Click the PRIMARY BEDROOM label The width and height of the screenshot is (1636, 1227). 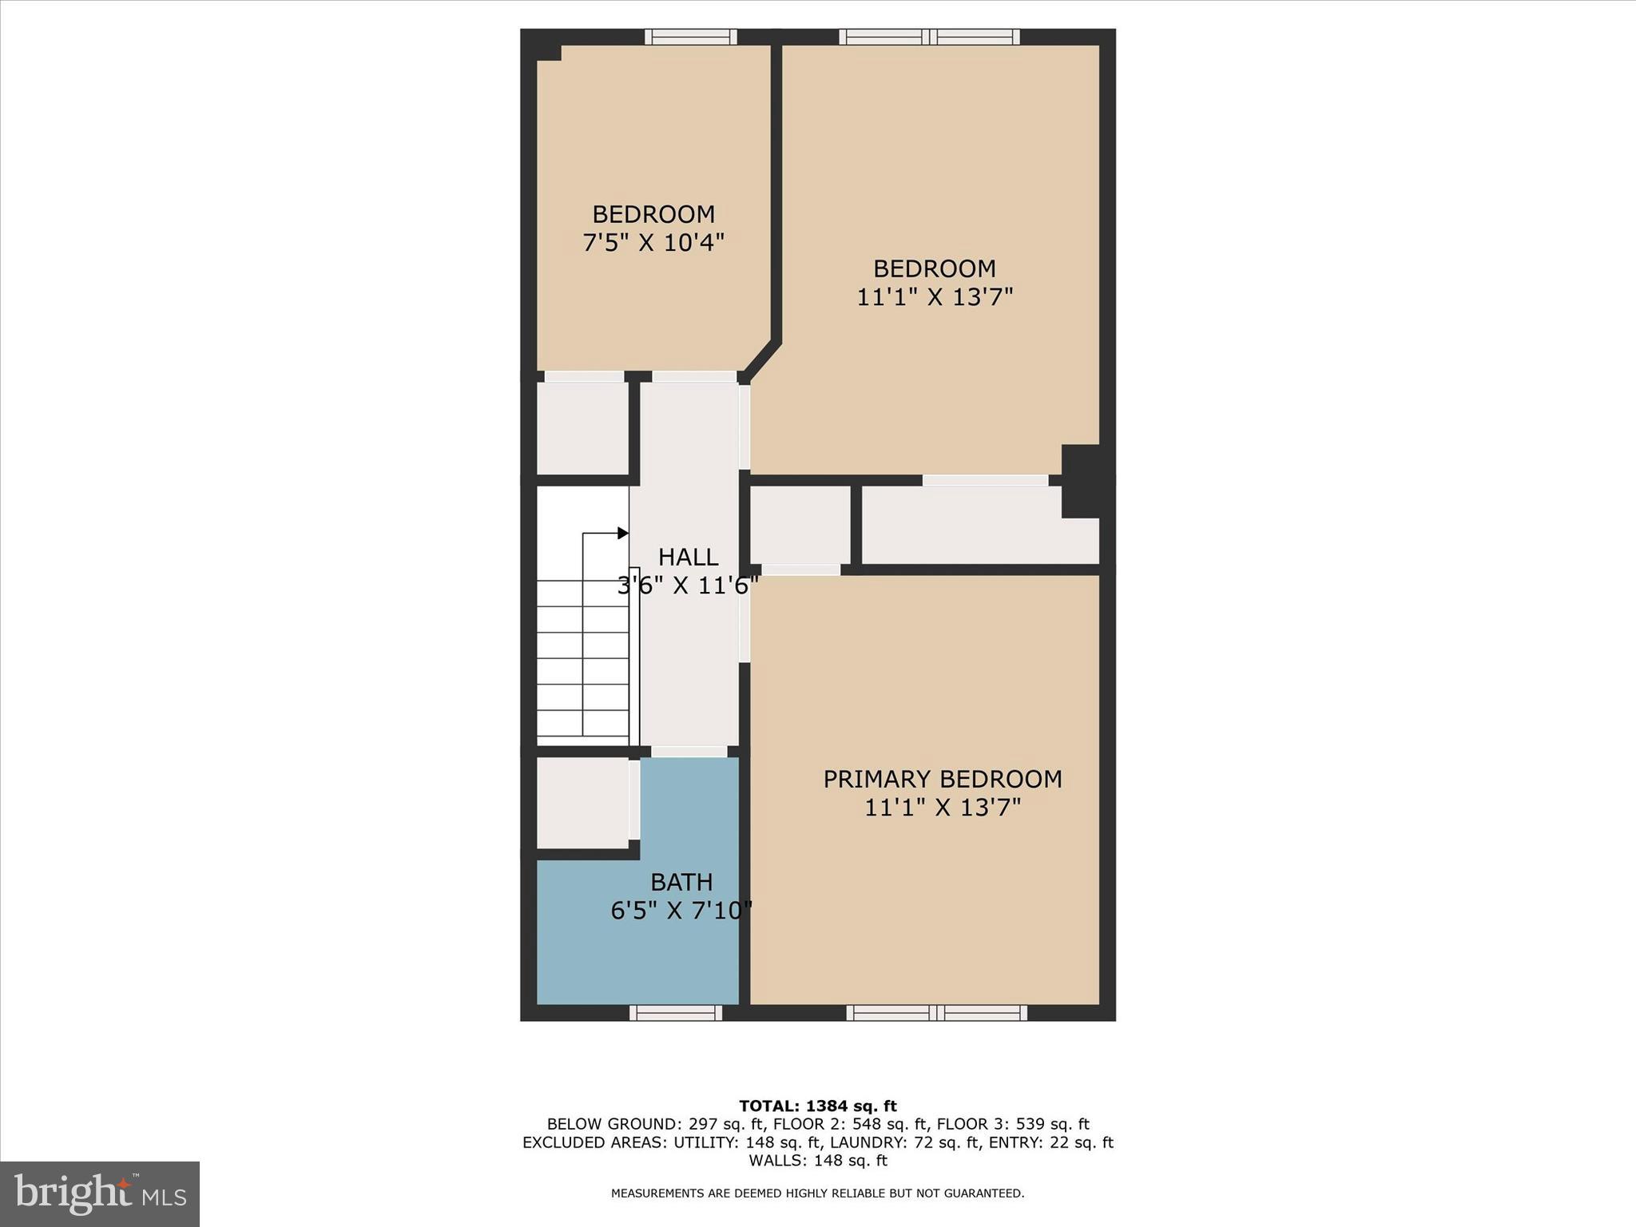[x=943, y=779]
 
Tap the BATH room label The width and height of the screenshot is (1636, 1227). [x=681, y=882]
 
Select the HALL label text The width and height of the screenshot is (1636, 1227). [x=688, y=557]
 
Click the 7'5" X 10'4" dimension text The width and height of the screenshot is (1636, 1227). [x=653, y=243]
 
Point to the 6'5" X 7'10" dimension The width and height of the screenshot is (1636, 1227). [x=681, y=911]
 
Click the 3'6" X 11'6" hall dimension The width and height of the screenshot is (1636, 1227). [x=688, y=586]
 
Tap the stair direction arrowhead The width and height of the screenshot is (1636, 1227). [x=623, y=533]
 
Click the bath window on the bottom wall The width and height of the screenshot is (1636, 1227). [x=676, y=1012]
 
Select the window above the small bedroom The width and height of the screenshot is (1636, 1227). [x=690, y=37]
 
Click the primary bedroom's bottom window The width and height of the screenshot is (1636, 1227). [x=937, y=1012]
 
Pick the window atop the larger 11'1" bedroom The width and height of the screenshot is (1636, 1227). [x=929, y=37]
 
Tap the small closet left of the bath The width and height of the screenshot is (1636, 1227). [x=582, y=802]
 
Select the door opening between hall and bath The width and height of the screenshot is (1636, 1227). [x=689, y=752]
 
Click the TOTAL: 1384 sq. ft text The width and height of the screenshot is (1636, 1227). [x=817, y=1106]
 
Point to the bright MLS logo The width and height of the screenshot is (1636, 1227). [x=100, y=1193]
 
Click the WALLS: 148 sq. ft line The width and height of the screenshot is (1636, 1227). [x=817, y=1160]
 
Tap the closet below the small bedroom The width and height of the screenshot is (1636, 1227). [x=582, y=427]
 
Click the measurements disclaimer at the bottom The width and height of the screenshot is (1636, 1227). [x=817, y=1193]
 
